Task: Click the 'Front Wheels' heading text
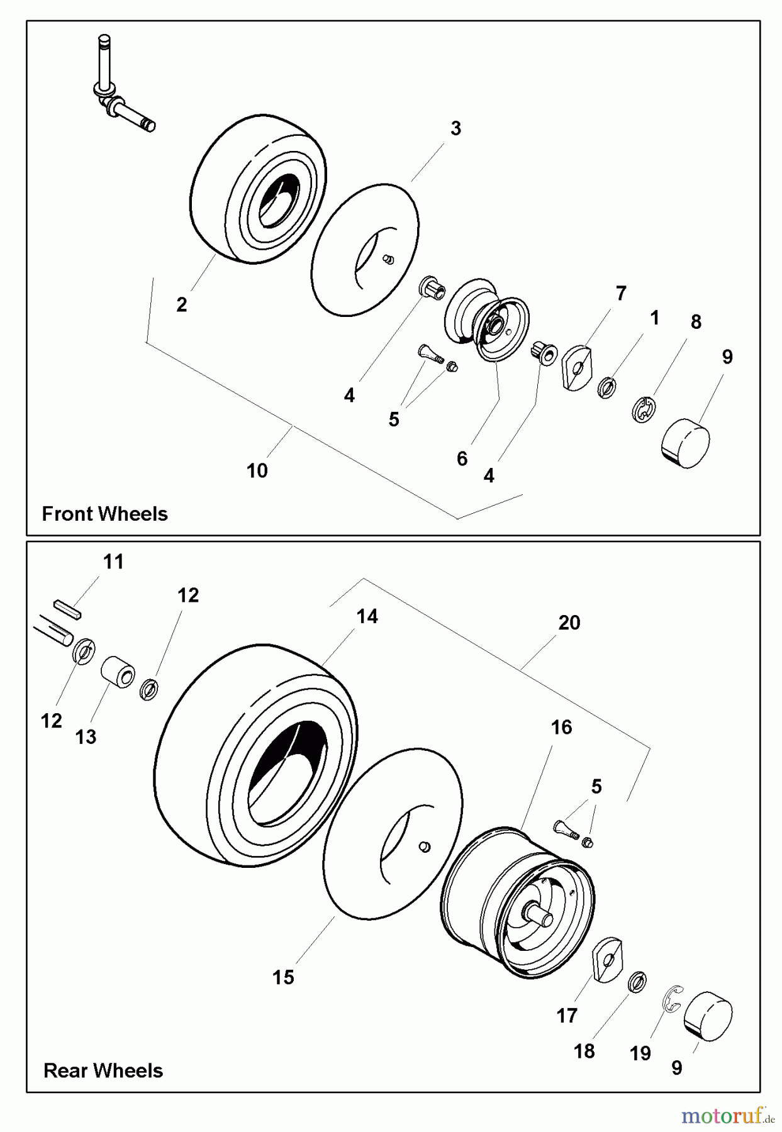tap(104, 514)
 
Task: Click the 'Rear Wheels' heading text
tap(103, 1070)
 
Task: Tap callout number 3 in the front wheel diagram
tap(455, 128)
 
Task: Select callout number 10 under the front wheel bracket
tap(257, 470)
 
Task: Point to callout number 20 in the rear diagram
tap(569, 623)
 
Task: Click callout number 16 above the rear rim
tap(561, 727)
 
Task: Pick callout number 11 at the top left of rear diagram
tap(113, 562)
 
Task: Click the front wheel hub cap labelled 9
tap(686, 444)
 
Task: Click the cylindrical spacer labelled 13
tap(118, 672)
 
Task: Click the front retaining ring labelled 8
tap(643, 410)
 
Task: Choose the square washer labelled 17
tap(607, 959)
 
